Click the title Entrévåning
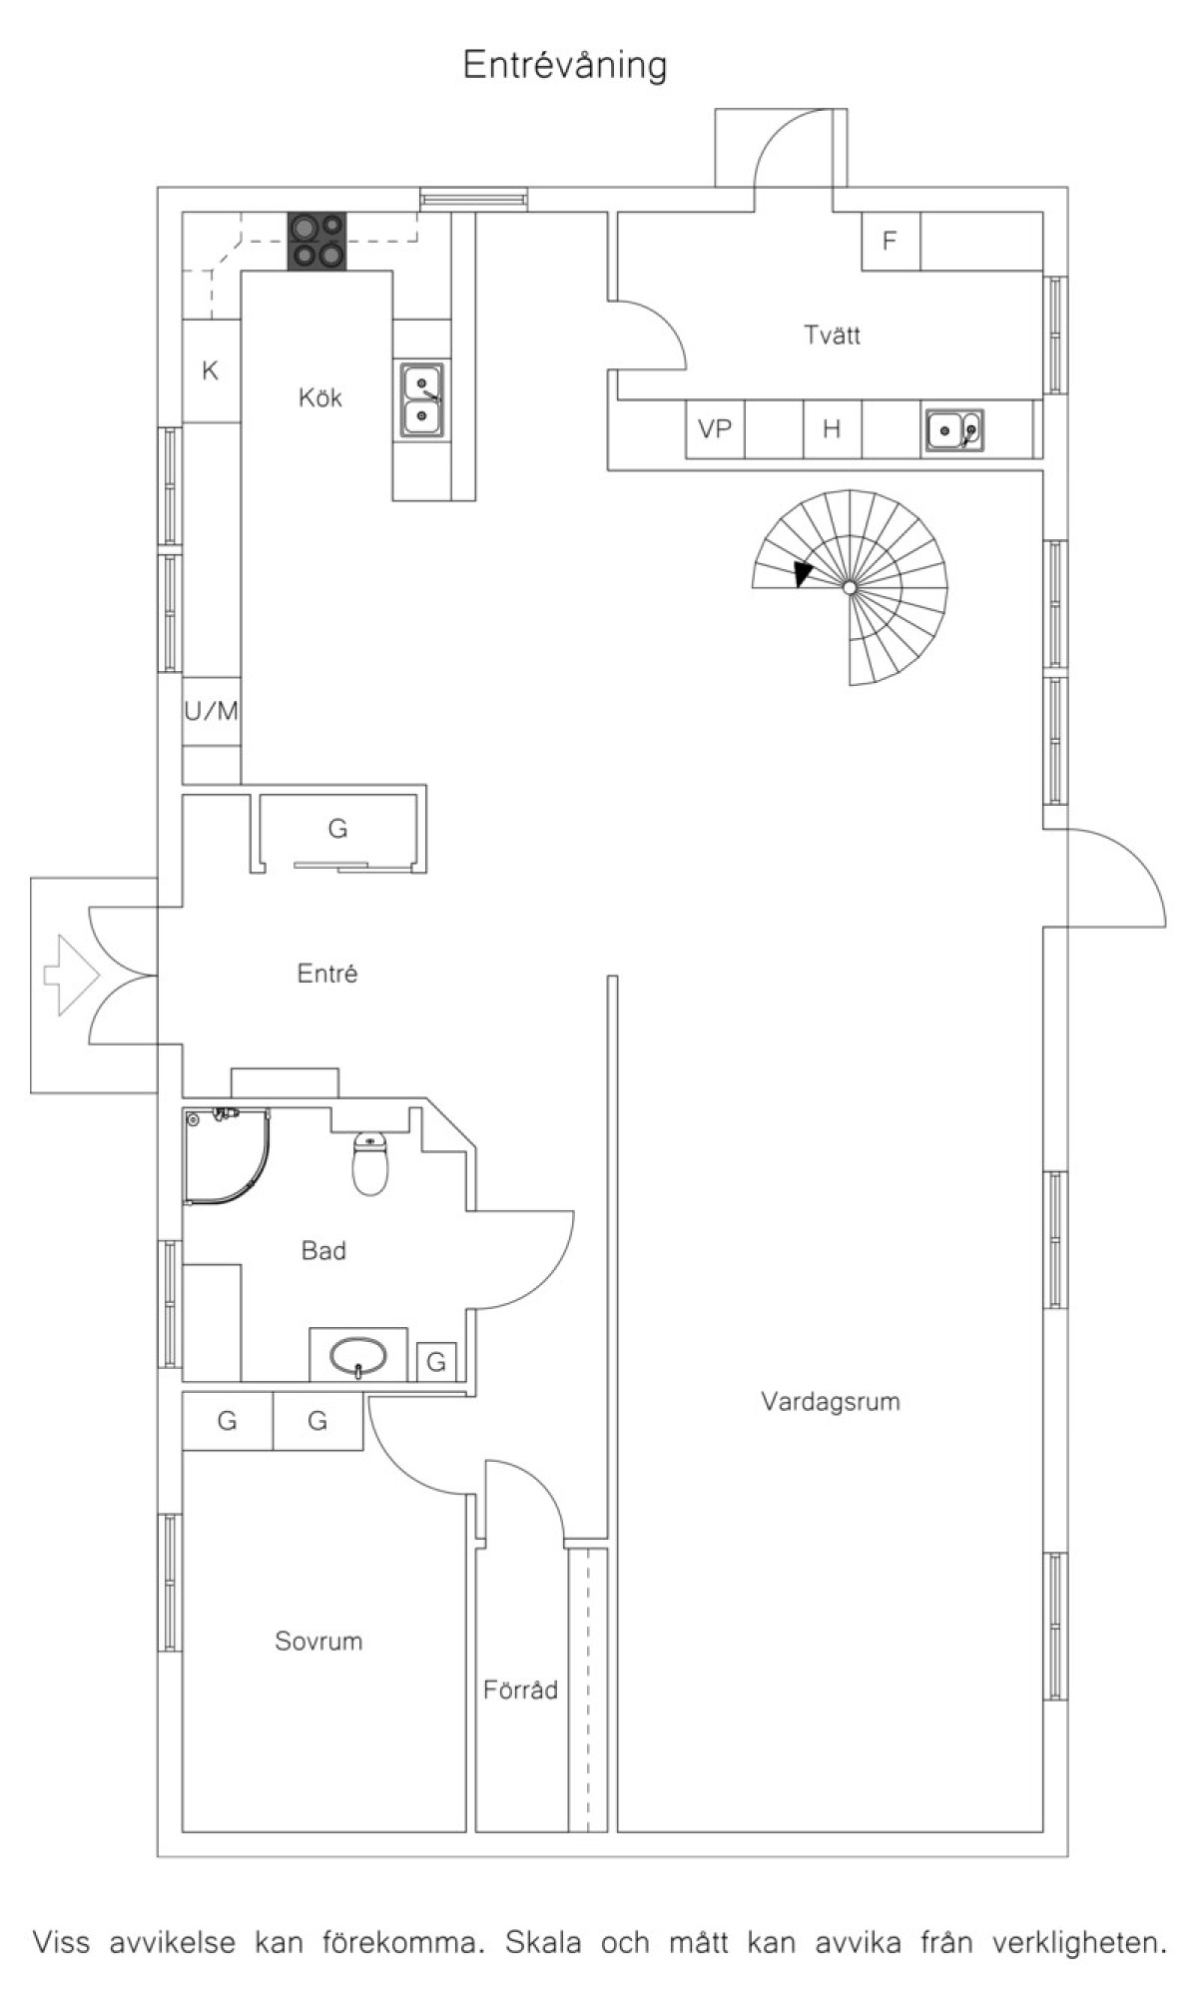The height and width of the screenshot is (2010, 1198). (565, 66)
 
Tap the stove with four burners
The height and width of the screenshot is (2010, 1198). (318, 242)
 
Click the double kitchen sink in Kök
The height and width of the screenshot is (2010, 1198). (422, 399)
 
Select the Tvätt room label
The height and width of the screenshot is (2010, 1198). (832, 335)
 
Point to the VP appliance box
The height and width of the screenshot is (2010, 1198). (715, 429)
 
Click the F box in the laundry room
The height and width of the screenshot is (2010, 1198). (891, 241)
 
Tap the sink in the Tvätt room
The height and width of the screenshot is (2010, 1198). (954, 430)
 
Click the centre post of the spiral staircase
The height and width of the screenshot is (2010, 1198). (850, 588)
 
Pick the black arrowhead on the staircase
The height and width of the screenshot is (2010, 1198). (803, 574)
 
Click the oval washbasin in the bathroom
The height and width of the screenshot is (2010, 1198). (358, 1356)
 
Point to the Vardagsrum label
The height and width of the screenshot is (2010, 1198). (831, 1402)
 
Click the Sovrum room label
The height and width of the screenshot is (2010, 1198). (318, 1642)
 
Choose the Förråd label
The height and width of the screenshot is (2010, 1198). (520, 1690)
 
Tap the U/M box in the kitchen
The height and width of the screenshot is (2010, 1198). (212, 712)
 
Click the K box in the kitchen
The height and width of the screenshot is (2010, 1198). (211, 371)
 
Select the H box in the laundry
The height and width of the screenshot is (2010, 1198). (832, 429)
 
